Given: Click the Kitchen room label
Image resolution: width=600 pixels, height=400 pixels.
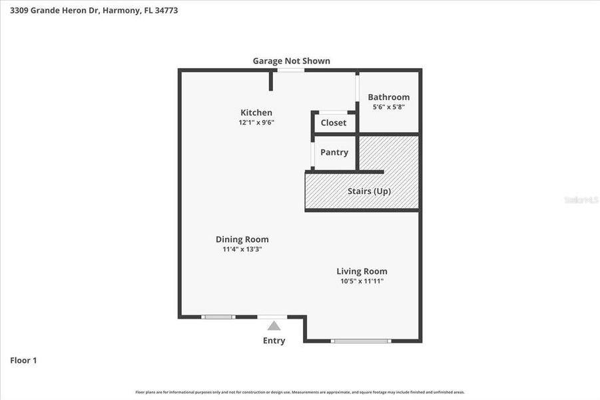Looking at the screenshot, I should (x=256, y=113).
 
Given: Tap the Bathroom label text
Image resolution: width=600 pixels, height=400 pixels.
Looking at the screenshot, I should (x=388, y=97).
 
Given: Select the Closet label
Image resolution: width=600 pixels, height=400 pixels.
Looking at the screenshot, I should (x=334, y=123).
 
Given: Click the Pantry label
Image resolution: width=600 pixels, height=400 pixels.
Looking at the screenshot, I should (x=334, y=152).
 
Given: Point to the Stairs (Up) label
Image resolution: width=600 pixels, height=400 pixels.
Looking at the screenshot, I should (x=369, y=191).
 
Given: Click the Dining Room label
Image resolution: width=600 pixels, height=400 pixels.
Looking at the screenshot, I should (x=242, y=239).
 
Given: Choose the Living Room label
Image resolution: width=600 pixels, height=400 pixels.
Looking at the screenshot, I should (x=362, y=271).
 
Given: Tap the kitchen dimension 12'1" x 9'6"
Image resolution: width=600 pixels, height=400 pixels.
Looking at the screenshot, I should (x=256, y=123).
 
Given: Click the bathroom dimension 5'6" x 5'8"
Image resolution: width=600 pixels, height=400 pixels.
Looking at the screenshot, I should (x=388, y=107).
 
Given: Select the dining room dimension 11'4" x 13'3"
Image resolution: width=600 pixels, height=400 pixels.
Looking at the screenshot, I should (x=242, y=249).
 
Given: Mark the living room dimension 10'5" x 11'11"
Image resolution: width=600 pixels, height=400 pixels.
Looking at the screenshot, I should (x=362, y=281).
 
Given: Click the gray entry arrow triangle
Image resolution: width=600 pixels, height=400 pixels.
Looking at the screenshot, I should (x=274, y=325).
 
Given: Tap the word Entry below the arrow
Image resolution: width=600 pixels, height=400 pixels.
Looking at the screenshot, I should (x=274, y=341).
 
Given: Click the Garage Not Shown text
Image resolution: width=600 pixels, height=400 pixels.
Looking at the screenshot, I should (x=291, y=61).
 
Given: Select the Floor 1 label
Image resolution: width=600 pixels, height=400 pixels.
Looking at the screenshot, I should (x=23, y=361).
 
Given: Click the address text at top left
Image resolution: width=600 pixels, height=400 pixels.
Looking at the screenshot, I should (x=94, y=11).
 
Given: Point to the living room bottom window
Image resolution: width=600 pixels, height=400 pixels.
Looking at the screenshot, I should (x=361, y=341).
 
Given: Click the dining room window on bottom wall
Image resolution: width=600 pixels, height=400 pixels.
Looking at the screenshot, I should (x=218, y=317).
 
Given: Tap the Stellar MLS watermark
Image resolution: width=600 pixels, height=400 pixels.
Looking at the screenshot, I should (x=581, y=199).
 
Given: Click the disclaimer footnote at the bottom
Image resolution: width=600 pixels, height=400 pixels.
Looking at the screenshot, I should (x=300, y=392).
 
